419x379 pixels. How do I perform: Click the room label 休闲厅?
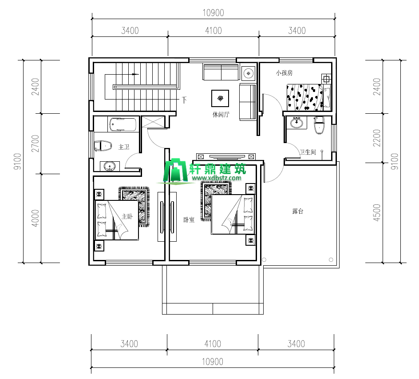click(221, 115)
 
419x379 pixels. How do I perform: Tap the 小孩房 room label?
click(285, 73)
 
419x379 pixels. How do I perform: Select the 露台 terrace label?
click(298, 211)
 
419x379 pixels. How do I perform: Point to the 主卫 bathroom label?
click(124, 147)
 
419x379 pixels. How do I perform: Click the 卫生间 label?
click(308, 152)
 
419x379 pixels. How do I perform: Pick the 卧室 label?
click(189, 220)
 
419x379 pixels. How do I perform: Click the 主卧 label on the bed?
click(127, 216)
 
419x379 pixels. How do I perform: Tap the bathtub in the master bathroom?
click(123, 124)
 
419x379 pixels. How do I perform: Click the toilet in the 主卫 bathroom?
click(103, 146)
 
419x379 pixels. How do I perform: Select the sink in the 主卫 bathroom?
click(110, 166)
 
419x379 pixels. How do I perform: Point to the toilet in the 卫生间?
click(319, 125)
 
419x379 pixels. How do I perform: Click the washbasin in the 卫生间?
click(296, 123)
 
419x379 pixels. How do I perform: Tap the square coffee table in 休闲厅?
click(220, 99)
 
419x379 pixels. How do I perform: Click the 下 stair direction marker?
click(184, 100)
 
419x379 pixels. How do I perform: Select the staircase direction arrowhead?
click(136, 74)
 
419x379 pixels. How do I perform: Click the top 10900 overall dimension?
click(213, 12)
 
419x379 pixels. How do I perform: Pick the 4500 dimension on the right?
click(377, 213)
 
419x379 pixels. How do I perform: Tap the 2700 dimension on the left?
click(35, 144)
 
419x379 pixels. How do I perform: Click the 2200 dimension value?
click(377, 138)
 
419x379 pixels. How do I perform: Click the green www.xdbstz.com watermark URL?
click(217, 178)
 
